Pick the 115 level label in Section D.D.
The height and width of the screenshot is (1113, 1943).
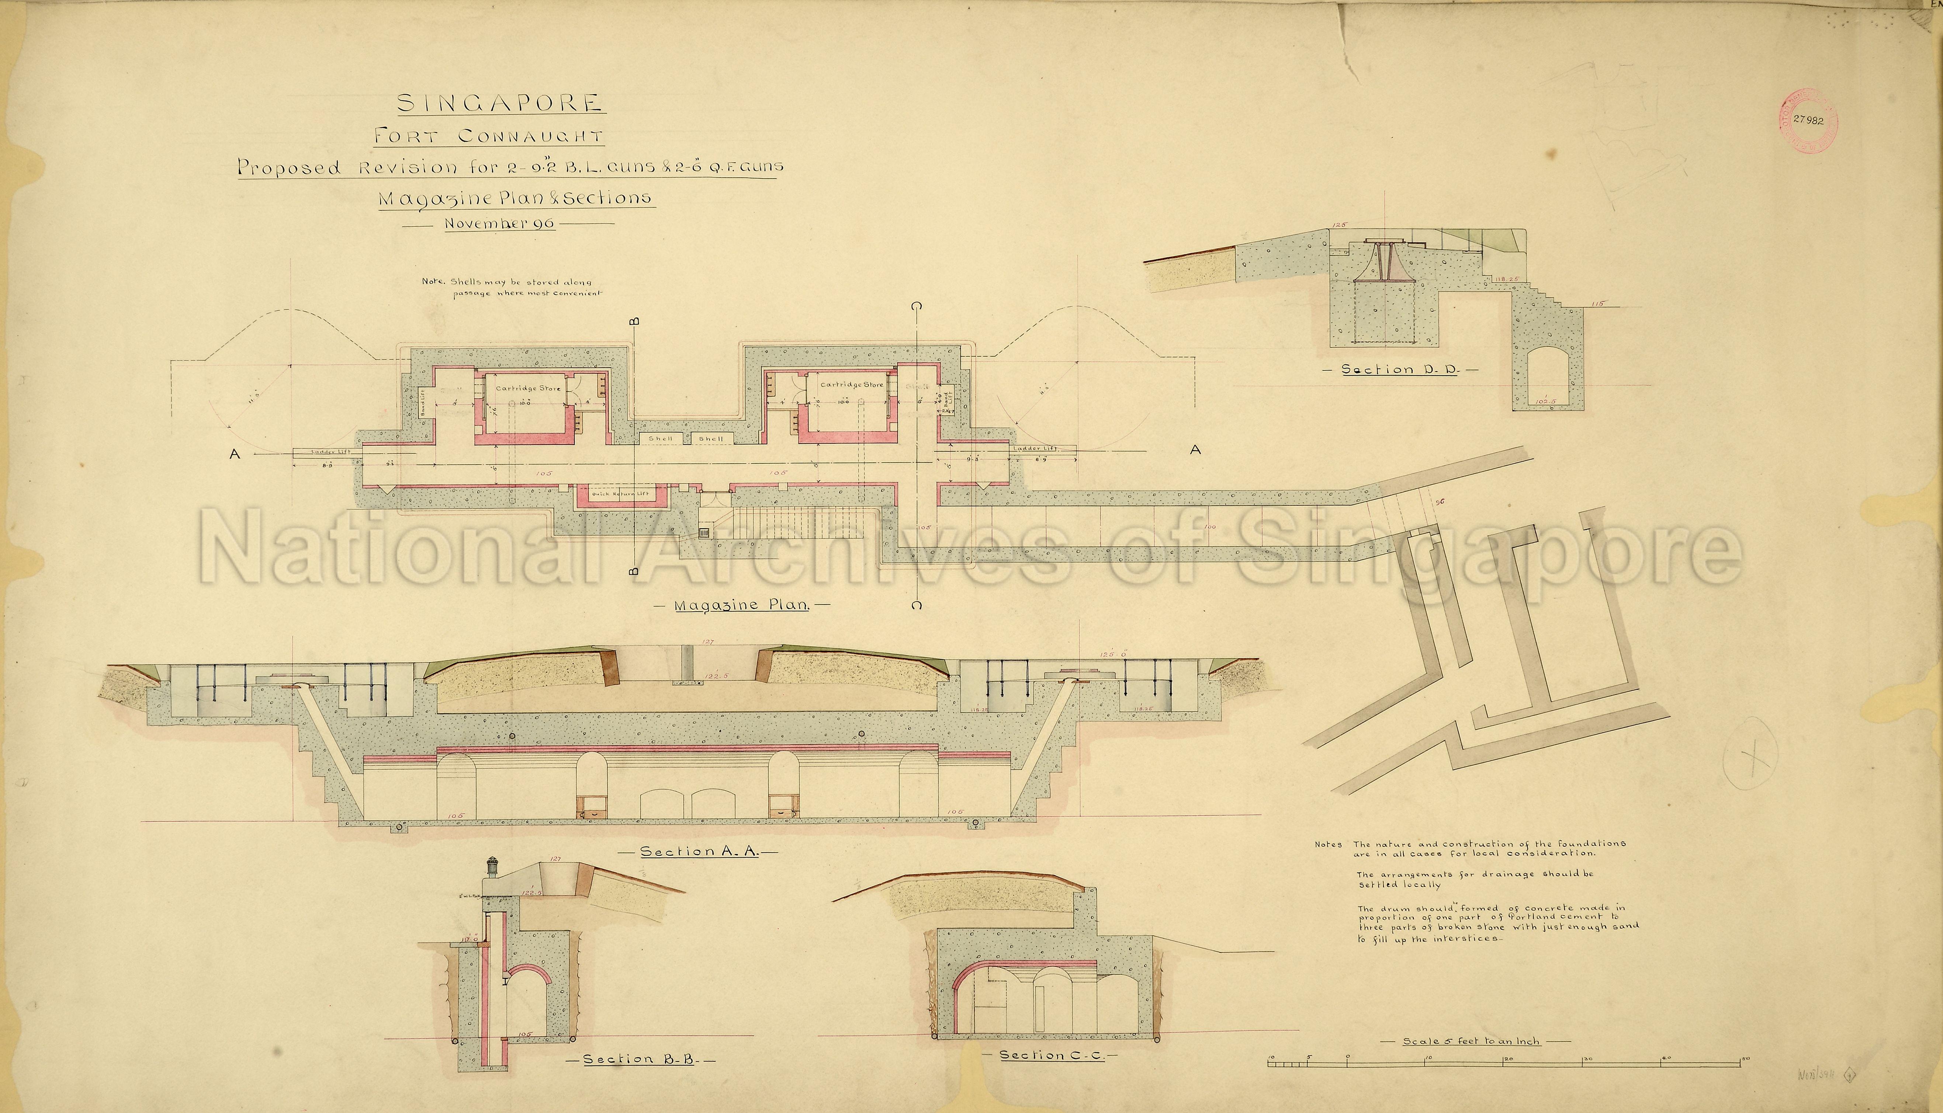1590,303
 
